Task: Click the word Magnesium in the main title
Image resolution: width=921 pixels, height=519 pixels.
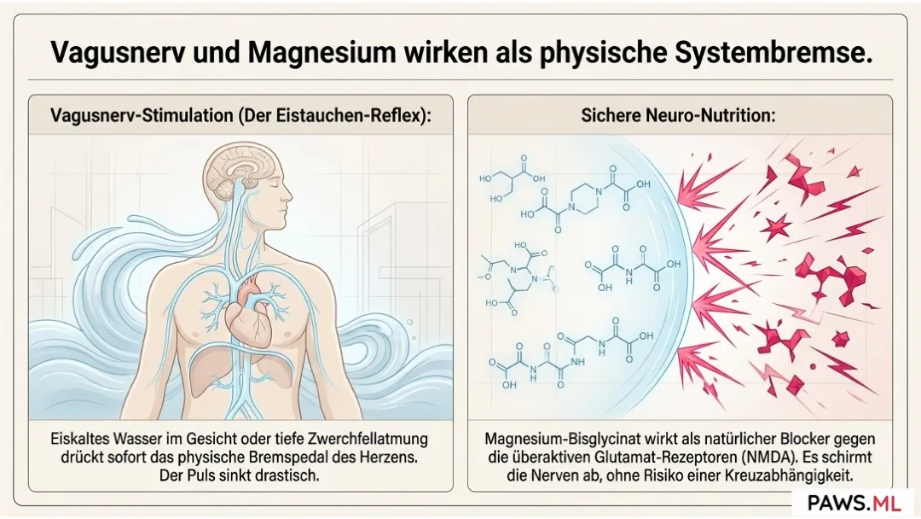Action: click(321, 52)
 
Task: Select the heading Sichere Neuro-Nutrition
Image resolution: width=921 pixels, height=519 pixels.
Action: click(679, 115)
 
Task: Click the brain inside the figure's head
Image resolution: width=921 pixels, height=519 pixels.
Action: click(237, 171)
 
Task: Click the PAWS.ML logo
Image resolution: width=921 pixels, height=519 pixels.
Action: click(854, 503)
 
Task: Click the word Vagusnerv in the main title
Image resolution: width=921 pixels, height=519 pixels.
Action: click(117, 53)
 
